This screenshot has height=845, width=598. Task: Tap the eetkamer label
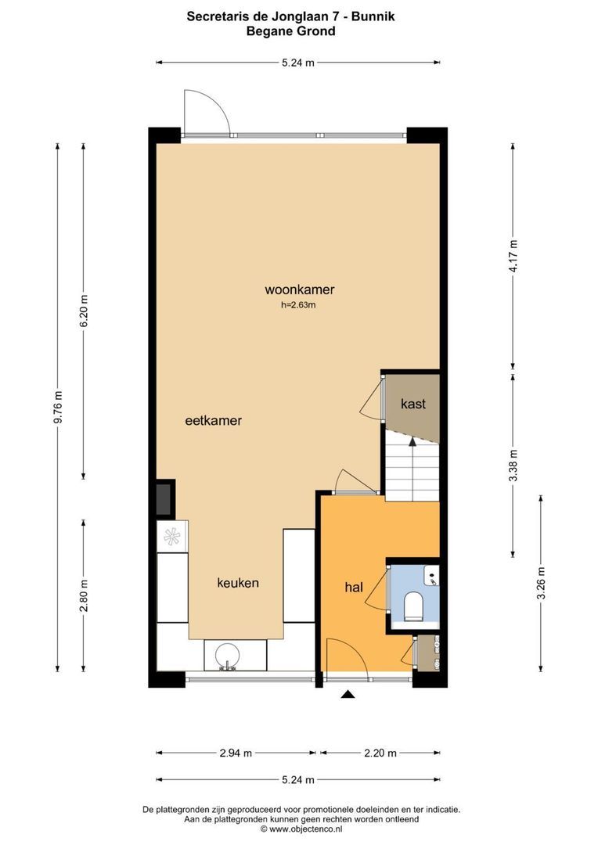[213, 420]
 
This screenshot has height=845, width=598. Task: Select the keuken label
[238, 583]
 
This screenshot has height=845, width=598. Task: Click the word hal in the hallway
[354, 586]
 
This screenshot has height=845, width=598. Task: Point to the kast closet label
[413, 404]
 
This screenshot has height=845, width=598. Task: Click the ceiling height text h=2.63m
[298, 305]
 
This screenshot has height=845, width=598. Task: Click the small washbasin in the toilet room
[431, 578]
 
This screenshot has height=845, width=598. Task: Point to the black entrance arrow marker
[348, 693]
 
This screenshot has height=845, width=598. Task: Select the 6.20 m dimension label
[85, 311]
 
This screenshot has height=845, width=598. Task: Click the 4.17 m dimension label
[513, 255]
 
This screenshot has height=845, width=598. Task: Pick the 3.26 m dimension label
[541, 583]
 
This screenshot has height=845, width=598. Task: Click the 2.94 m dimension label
[236, 753]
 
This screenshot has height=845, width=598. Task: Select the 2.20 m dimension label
[380, 753]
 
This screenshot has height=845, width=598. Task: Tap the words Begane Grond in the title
[290, 31]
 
